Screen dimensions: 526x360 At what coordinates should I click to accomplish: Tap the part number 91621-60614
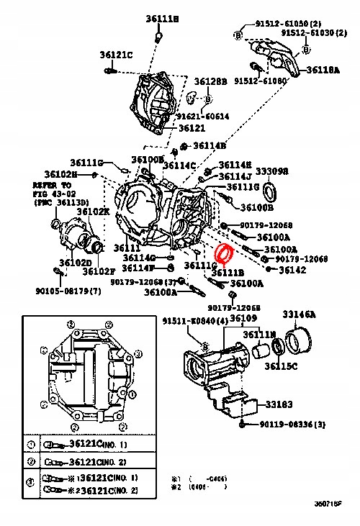tap(203, 116)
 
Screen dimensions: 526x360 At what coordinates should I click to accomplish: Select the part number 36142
tap(292, 270)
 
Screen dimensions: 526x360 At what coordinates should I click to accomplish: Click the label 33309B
tap(273, 171)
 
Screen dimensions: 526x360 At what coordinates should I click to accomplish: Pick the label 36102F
tap(98, 271)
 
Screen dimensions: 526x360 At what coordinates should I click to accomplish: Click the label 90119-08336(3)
tap(292, 425)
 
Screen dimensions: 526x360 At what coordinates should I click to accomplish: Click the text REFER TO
tap(46, 185)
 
